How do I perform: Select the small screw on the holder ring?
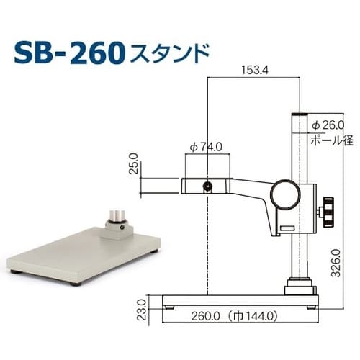pos(208,186)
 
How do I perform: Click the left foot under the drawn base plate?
pos(170,305)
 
